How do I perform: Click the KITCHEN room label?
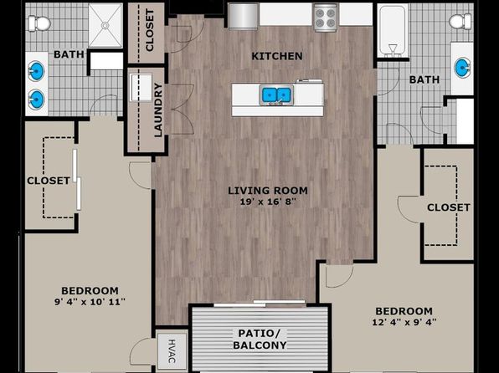tap(277, 56)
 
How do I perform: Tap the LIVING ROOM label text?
tap(268, 191)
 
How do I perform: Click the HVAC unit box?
tap(172, 351)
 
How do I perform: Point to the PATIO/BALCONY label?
tap(260, 340)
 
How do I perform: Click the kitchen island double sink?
tap(276, 95)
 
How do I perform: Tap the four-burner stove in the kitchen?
tap(325, 18)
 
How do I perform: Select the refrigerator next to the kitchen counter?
tap(244, 16)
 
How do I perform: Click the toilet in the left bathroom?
tap(39, 23)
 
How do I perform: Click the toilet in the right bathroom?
tap(460, 22)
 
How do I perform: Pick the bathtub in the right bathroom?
tap(393, 31)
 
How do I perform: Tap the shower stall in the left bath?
tap(105, 25)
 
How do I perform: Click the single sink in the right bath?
tap(462, 68)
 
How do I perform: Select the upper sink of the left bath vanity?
tap(36, 70)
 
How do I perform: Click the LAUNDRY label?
tap(158, 110)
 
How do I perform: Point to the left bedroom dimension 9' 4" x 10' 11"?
tap(90, 301)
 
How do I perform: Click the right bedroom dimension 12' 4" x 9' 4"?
tap(404, 322)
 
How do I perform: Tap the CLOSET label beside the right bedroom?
tap(449, 207)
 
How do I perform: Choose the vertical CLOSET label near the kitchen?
tap(150, 30)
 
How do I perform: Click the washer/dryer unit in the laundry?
tap(141, 88)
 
